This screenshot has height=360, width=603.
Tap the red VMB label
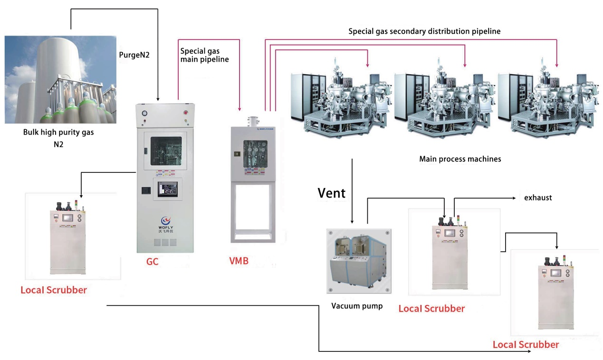[x=239, y=260]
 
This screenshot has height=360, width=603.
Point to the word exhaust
[x=538, y=198]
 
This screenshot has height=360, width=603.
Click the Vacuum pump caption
[x=357, y=306]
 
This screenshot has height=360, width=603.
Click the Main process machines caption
[x=460, y=159]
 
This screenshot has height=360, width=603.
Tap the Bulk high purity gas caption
[x=58, y=133]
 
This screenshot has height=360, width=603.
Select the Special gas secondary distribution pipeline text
[x=424, y=31]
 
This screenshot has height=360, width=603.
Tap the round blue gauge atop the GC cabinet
[x=145, y=113]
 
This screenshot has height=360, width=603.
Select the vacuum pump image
[x=359, y=261]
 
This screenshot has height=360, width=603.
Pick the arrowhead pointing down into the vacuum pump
[x=352, y=221]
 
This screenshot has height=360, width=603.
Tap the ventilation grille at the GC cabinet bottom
[x=167, y=242]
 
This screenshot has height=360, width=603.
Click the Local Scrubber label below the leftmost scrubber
[x=54, y=290]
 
